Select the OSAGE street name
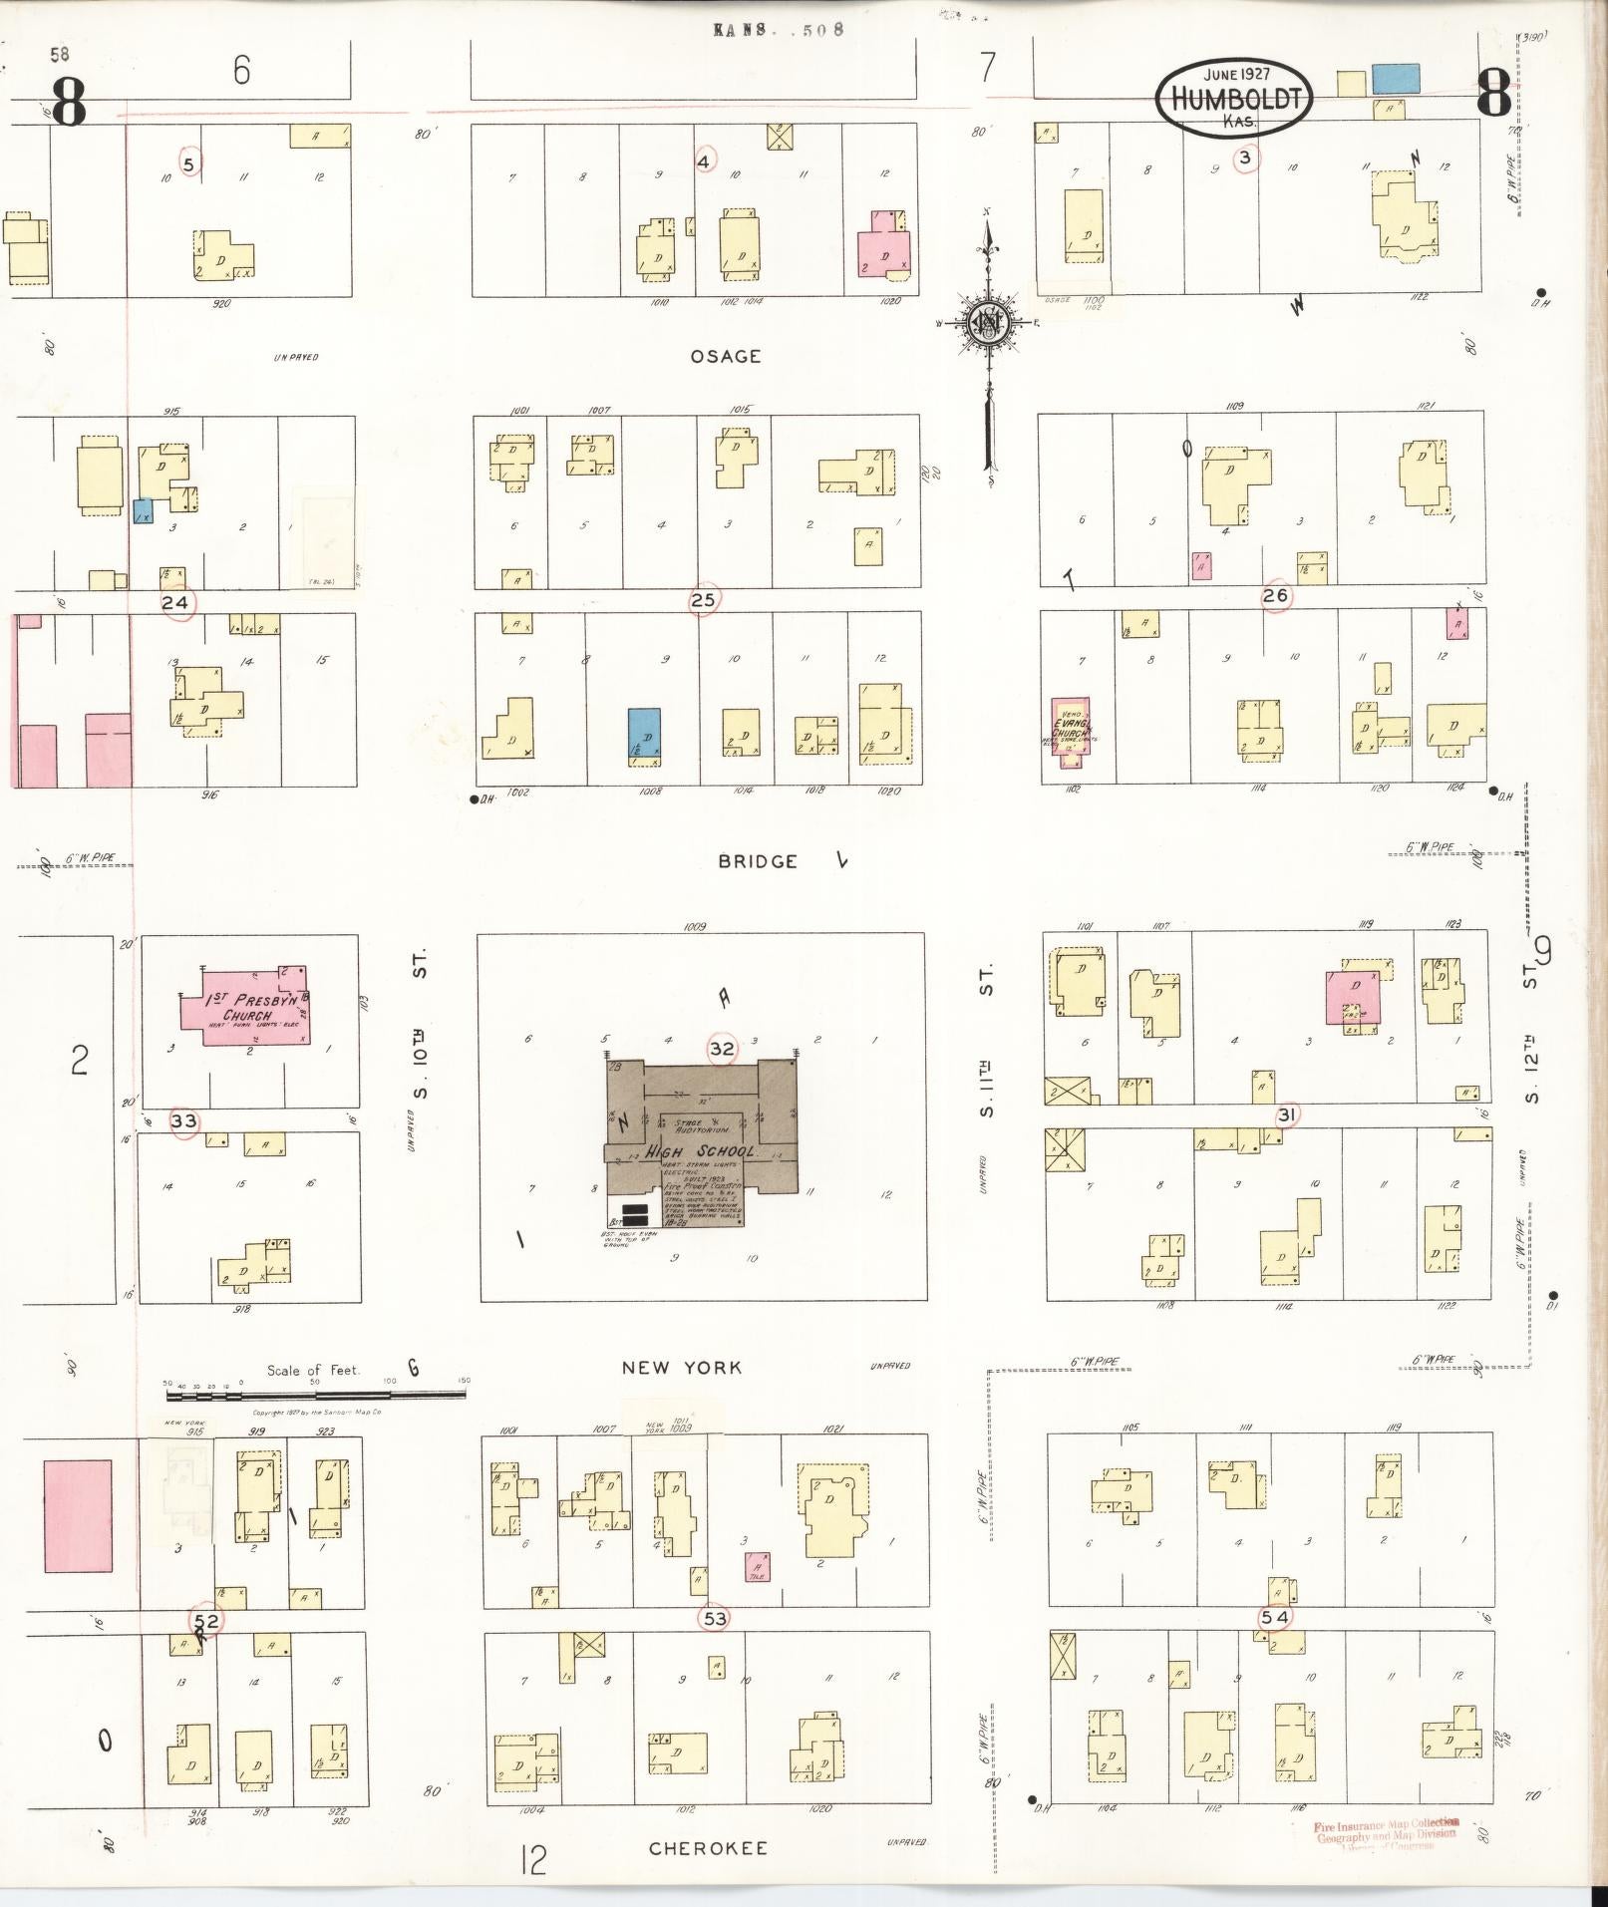pyautogui.click(x=726, y=356)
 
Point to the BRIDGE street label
pyautogui.click(x=758, y=861)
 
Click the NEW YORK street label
pyautogui.click(x=682, y=1368)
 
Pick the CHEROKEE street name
pyautogui.click(x=708, y=1849)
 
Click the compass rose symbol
pyautogui.click(x=987, y=322)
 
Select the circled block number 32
pyautogui.click(x=722, y=1049)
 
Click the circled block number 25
pyautogui.click(x=703, y=600)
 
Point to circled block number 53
pyautogui.click(x=715, y=1618)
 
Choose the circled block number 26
pyautogui.click(x=1275, y=596)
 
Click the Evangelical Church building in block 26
pyautogui.click(x=1070, y=731)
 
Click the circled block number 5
pyautogui.click(x=189, y=161)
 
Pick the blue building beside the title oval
pyautogui.click(x=1395, y=79)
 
